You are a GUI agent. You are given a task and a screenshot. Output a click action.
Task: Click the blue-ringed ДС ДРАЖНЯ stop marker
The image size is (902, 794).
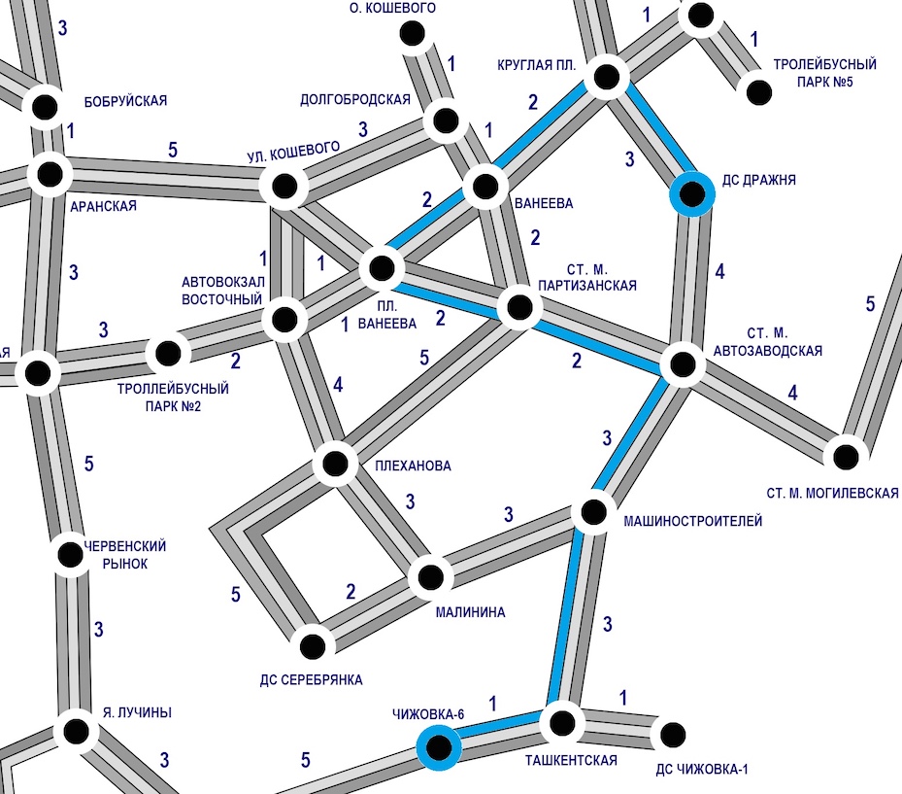point(692,194)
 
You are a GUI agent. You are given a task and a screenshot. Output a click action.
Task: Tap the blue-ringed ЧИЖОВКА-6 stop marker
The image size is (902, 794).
point(439,747)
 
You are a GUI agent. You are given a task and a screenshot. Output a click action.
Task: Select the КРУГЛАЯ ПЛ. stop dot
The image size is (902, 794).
point(607,77)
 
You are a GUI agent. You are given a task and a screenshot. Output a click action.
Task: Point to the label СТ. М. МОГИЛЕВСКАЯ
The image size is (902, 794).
point(832,493)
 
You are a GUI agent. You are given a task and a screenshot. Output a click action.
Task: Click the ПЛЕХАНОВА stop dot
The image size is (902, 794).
point(335,463)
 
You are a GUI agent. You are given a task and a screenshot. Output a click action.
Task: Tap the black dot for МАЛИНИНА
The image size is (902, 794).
point(430,577)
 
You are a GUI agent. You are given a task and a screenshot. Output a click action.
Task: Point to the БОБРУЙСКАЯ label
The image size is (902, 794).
point(126,100)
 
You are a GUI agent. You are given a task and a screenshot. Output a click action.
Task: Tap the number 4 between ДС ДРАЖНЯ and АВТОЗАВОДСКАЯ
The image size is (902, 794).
point(719,273)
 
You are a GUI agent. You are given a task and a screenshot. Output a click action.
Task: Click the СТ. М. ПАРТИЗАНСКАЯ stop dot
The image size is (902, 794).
point(518,309)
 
